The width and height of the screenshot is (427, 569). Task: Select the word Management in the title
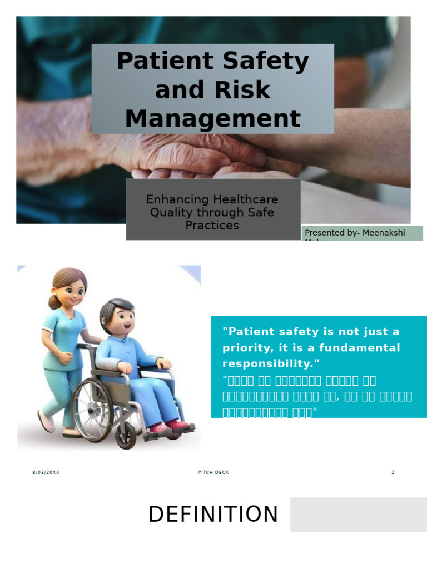[x=212, y=119]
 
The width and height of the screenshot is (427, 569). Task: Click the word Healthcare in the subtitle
[x=245, y=199]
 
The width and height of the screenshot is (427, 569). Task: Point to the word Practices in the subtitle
[x=212, y=225]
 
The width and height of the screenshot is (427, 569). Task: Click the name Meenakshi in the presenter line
[x=385, y=233]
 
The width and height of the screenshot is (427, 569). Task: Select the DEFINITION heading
[x=213, y=515]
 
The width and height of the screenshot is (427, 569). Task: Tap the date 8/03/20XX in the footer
[x=46, y=472]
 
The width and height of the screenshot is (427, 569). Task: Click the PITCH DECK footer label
[x=213, y=472]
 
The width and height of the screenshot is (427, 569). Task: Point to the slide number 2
[x=393, y=472]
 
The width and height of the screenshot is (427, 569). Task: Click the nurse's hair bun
[x=53, y=302]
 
